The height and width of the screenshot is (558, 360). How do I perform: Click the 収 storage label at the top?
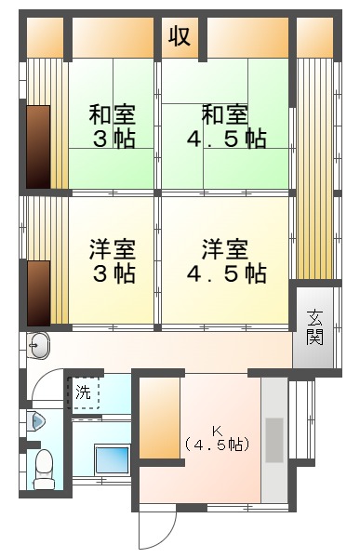click(x=180, y=36)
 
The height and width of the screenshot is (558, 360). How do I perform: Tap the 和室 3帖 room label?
click(x=113, y=126)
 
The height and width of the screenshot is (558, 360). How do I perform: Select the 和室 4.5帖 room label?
click(x=226, y=126)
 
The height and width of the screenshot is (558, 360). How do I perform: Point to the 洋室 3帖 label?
click(x=113, y=261)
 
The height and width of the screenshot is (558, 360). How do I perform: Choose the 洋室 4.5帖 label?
click(x=226, y=261)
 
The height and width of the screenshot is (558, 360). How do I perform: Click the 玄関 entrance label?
click(x=315, y=327)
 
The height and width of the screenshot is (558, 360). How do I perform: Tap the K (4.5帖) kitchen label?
click(x=217, y=439)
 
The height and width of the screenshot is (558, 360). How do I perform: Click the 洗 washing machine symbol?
click(x=84, y=392)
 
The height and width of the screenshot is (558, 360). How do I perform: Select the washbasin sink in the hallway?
click(x=38, y=346)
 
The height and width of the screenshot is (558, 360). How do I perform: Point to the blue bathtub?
click(x=112, y=459)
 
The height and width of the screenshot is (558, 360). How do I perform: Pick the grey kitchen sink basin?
click(x=274, y=440)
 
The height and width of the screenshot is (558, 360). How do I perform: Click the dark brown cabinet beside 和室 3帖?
click(x=38, y=147)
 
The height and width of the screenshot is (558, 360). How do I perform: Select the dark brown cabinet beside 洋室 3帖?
click(x=38, y=293)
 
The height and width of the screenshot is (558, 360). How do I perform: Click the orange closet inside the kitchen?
click(x=159, y=418)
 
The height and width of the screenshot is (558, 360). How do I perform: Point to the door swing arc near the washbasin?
click(x=42, y=379)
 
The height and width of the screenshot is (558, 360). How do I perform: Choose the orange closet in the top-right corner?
click(x=314, y=37)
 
